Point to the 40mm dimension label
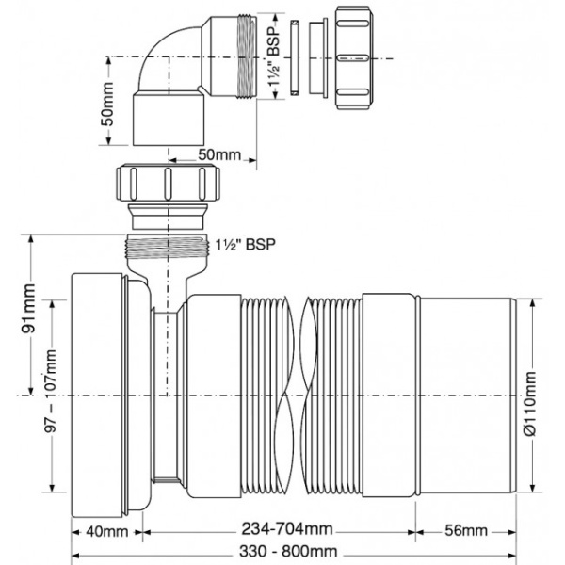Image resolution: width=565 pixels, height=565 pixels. click(106, 530)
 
